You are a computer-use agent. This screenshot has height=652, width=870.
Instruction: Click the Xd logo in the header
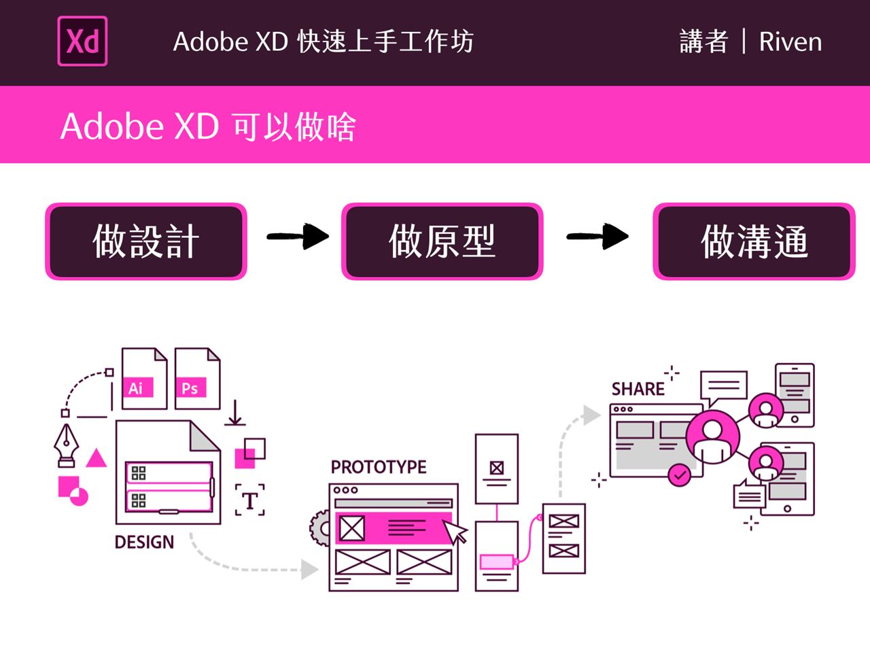[x=82, y=41]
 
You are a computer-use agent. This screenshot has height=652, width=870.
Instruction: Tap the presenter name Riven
[x=790, y=42]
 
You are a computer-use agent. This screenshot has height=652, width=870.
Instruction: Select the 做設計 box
[x=146, y=241]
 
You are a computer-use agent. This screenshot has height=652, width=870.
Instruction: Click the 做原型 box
[x=442, y=241]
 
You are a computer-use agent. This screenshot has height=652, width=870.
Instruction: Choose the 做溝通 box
[x=754, y=241]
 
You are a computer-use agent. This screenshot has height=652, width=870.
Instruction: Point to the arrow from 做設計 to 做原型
[x=297, y=237]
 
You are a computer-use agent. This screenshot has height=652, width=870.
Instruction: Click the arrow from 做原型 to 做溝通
[x=597, y=237]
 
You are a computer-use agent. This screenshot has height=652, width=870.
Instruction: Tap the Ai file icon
[x=143, y=379]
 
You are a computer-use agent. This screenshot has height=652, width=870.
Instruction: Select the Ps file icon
[x=197, y=379]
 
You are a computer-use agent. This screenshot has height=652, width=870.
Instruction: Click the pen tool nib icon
[x=67, y=445]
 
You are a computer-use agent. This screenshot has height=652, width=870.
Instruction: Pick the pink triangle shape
[x=97, y=458]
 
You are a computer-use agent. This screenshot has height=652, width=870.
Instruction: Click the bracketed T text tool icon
[x=250, y=500]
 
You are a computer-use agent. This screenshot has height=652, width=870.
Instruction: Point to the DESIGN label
[x=144, y=542]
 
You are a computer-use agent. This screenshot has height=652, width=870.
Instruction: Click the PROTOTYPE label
[x=379, y=467]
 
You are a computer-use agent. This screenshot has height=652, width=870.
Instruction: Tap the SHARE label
[x=638, y=389]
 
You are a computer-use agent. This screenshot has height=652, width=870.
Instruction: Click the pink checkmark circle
[x=679, y=475]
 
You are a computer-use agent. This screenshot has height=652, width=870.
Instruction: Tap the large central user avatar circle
[x=712, y=436]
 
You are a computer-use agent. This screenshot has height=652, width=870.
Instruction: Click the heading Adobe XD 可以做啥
[x=208, y=126]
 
